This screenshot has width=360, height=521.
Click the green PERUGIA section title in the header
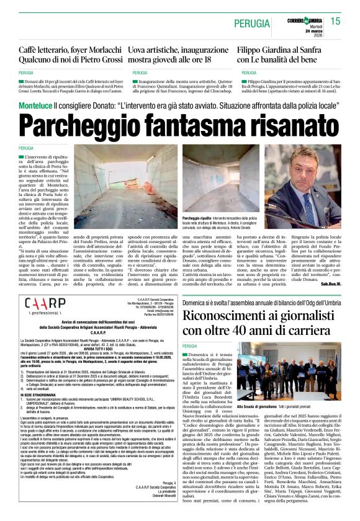coord(253,24)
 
